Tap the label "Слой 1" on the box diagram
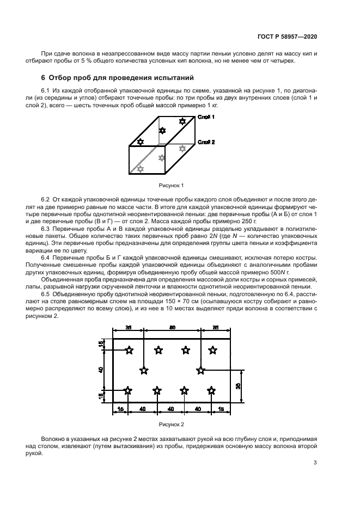pyautogui.click(x=207, y=117)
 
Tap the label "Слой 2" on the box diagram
pyautogui.click(x=207, y=142)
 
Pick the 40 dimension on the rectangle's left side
pyautogui.click(x=101, y=370)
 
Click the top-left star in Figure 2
pyautogui.click(x=129, y=350)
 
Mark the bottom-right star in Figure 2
pyautogui.click(x=211, y=390)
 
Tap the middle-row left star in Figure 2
pyautogui.click(x=144, y=371)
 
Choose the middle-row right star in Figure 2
pyautogui.click(x=200, y=370)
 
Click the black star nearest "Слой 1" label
pyautogui.click(x=162, y=131)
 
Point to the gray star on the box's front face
pyautogui.click(x=139, y=169)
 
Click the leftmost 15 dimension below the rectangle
pyautogui.click(x=120, y=408)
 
